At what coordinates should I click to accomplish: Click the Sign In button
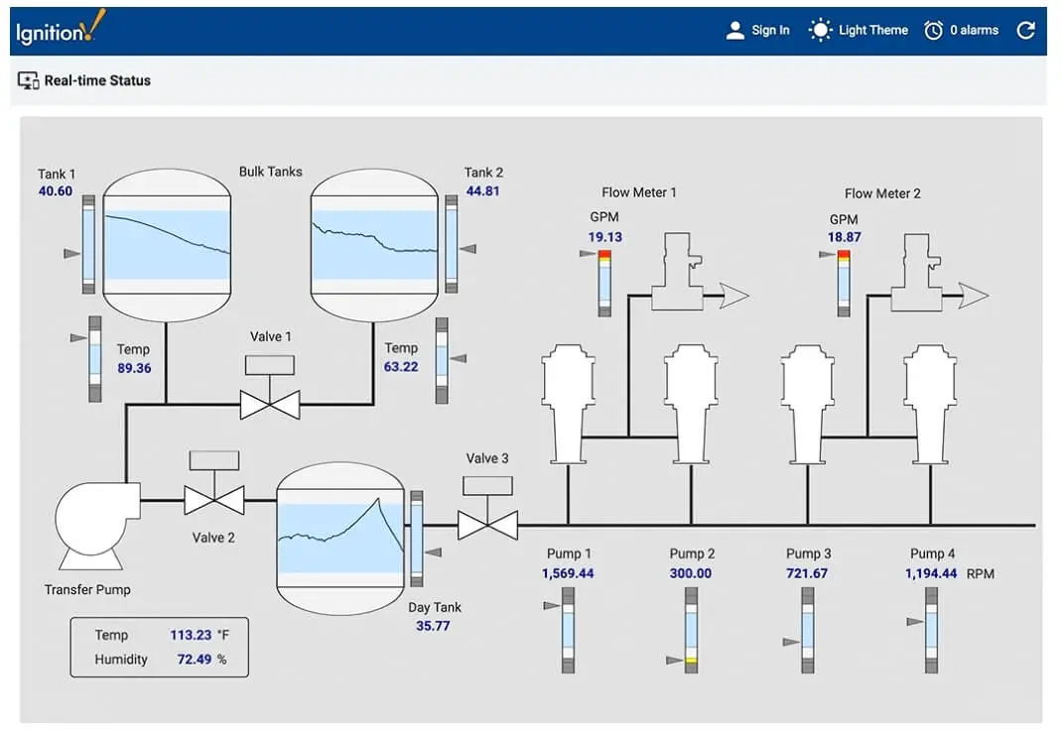point(757,31)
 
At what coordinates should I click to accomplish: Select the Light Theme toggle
point(859,31)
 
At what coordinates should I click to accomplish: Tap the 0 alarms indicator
point(961,31)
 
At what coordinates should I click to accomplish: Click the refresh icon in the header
point(1026,30)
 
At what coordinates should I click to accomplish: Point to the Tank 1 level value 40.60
point(56,190)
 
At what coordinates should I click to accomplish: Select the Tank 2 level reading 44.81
point(483,190)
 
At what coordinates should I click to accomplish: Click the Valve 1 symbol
point(270,387)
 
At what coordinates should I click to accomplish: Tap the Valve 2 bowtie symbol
point(214,501)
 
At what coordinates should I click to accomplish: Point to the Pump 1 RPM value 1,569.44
point(568,573)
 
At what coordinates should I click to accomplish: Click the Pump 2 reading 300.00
point(691,573)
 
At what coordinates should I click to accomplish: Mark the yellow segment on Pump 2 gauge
point(691,660)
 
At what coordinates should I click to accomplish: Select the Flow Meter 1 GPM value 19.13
point(604,237)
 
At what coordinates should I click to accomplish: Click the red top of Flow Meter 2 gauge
point(844,255)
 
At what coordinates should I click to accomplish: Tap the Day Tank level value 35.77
point(433,625)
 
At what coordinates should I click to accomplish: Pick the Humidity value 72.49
point(195,660)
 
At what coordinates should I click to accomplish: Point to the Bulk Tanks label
point(270,172)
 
